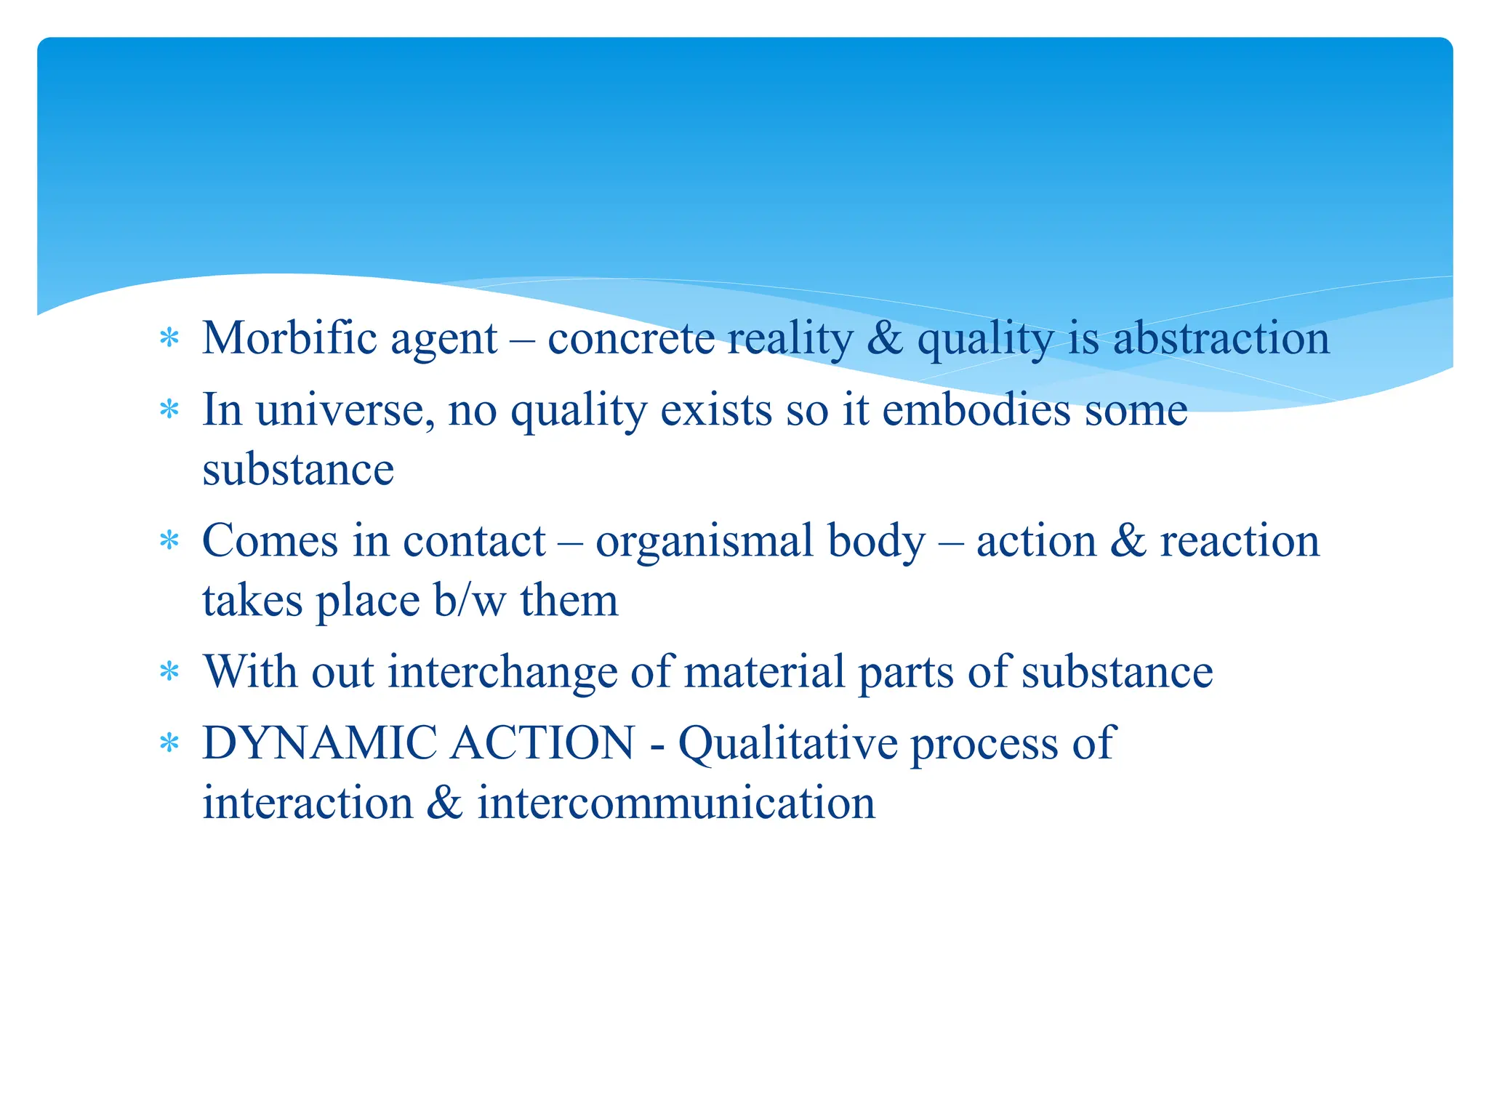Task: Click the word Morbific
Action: click(x=289, y=338)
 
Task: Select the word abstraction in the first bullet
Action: click(x=1221, y=338)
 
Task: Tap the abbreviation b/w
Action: click(x=469, y=601)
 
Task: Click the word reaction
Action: click(x=1240, y=541)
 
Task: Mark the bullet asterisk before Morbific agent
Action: click(x=169, y=339)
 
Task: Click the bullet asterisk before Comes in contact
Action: click(x=169, y=542)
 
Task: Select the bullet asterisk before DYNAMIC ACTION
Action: click(x=169, y=744)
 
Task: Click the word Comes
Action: click(x=270, y=541)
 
